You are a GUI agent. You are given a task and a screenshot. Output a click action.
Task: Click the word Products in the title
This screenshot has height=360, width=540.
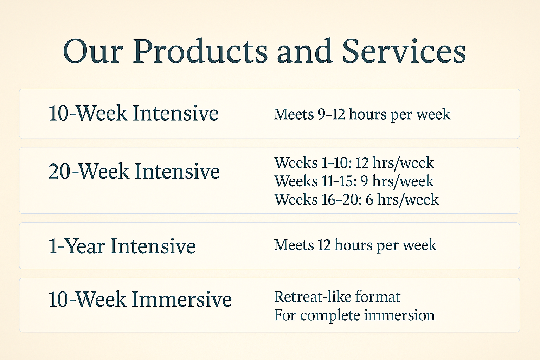[200, 51]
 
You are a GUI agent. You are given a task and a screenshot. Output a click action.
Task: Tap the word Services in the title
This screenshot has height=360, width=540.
[404, 51]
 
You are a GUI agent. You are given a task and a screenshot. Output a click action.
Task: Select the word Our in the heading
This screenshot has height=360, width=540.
[93, 51]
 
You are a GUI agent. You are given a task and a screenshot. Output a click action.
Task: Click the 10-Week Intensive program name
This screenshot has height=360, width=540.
[133, 113]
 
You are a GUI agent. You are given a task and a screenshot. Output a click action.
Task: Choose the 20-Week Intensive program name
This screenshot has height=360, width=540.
[134, 172]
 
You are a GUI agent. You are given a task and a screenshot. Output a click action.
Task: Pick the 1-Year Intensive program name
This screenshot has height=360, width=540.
[122, 246]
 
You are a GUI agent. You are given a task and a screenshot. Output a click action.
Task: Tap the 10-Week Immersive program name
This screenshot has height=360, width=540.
[140, 300]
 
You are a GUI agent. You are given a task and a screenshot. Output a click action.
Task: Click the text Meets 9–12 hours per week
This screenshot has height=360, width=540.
[362, 114]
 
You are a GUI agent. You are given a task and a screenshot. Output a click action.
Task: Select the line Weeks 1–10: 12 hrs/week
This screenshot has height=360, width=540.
[354, 163]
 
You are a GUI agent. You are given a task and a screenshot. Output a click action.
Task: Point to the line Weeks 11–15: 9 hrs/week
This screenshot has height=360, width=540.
[354, 181]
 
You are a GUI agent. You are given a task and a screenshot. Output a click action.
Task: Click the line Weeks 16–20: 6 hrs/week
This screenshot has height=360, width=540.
[356, 199]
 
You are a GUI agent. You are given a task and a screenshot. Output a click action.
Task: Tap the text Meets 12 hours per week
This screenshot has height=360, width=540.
[355, 245]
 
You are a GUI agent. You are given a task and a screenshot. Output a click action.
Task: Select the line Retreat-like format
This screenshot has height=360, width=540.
[337, 297]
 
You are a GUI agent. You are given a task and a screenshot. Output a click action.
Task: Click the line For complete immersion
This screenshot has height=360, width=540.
[354, 315]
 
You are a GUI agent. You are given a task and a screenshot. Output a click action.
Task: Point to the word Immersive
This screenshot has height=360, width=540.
[182, 300]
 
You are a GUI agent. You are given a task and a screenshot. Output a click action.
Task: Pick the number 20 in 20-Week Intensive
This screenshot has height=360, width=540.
[60, 172]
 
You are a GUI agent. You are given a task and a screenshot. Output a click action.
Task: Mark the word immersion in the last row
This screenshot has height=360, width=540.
[399, 315]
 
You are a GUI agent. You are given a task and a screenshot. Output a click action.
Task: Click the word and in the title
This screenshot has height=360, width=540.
[304, 51]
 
